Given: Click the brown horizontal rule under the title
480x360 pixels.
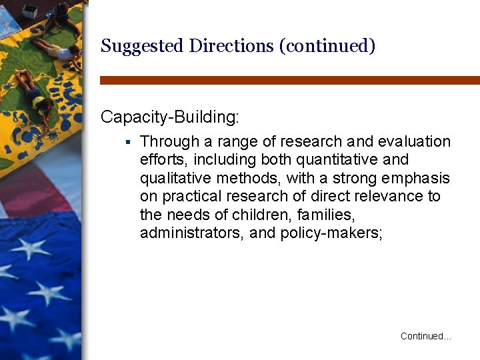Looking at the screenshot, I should pos(289,80).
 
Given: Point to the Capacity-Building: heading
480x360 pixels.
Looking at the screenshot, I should pos(169,117).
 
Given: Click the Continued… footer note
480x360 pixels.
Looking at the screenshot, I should pos(425,337).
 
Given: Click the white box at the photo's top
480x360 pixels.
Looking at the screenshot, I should pos(29,11).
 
